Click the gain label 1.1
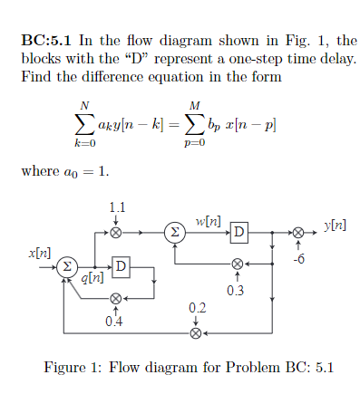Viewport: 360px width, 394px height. (x=116, y=207)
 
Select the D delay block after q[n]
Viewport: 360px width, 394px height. (x=122, y=266)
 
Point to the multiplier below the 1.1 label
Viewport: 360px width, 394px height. (x=115, y=233)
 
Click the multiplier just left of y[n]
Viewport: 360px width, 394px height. (x=297, y=233)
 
